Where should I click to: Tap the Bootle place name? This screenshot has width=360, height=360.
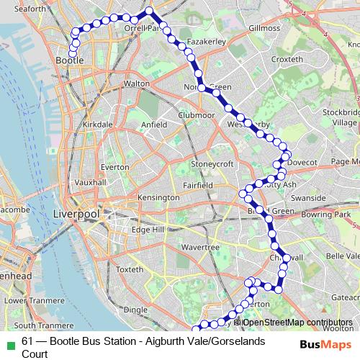coord(69,61)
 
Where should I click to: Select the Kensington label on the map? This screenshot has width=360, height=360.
coord(158,197)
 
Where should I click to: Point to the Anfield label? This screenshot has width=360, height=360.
coord(153,124)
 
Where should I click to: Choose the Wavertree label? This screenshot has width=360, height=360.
coord(200,247)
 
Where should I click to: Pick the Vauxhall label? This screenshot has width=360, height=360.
coord(90,183)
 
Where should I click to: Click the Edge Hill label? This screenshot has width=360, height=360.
coord(148,230)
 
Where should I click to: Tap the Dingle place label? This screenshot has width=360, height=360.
coord(135,310)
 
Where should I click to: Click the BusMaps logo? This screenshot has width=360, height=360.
coord(321,343)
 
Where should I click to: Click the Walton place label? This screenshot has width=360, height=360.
coord(136,84)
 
